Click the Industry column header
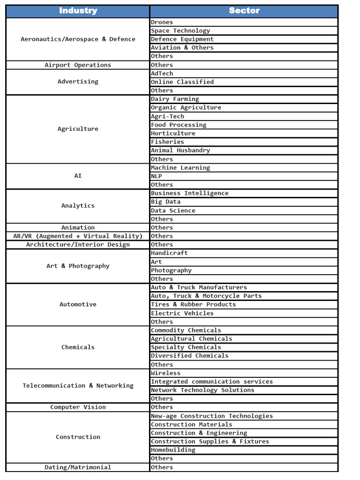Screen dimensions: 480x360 (x=78, y=11)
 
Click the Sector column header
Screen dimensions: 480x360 (x=244, y=11)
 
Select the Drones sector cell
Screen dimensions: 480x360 (x=162, y=22)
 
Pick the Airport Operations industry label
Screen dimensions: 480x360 (x=78, y=65)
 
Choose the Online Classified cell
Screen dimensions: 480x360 (x=182, y=82)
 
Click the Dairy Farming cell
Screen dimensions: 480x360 (x=175, y=99)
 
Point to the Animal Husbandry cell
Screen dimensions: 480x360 (x=180, y=150)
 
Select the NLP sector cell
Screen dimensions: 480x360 (x=157, y=176)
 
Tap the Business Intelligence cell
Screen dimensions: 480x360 (x=189, y=193)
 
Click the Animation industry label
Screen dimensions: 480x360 (x=78, y=227)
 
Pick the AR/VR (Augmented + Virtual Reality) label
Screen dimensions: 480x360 (x=78, y=236)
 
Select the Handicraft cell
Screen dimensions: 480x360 (x=169, y=253)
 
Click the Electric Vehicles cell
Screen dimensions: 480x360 (x=182, y=313)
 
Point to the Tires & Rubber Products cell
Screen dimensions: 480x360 (x=193, y=304)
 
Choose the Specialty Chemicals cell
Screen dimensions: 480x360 (x=186, y=347)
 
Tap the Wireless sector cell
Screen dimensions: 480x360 (x=165, y=373)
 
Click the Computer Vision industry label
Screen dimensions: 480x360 (x=78, y=407)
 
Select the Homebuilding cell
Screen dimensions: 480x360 (x=173, y=450)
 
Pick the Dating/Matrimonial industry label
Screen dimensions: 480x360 (x=78, y=467)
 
